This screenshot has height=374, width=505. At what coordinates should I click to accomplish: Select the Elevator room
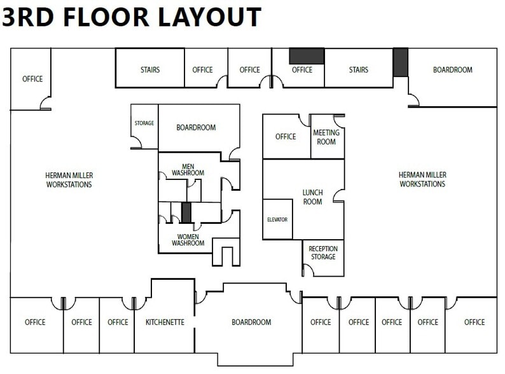coord(277,219)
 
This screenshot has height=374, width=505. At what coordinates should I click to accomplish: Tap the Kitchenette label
coord(165,322)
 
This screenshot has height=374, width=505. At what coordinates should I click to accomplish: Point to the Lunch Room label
coord(312,197)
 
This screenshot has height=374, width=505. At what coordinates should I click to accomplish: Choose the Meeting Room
coord(326,137)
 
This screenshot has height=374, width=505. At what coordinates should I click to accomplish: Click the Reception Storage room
coord(323,253)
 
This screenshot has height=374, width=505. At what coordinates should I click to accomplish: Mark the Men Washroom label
coord(188,169)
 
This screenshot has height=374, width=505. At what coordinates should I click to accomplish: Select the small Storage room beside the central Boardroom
coord(144,123)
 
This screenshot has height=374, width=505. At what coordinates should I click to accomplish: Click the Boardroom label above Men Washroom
coord(196,127)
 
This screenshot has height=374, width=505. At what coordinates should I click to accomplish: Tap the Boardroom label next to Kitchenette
coord(252,322)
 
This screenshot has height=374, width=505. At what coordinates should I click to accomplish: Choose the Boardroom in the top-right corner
coord(452,70)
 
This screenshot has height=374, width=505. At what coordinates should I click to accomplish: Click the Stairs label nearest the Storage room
coord(150,70)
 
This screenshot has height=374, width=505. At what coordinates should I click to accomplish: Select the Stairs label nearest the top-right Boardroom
coord(359,70)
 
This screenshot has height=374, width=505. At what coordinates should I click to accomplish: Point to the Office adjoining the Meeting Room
coord(286,137)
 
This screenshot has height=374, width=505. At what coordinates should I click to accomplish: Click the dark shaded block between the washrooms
coord(186,212)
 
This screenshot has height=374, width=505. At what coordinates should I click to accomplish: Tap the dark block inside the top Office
coord(307,56)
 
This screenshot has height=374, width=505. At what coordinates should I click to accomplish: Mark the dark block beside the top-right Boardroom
coord(400,62)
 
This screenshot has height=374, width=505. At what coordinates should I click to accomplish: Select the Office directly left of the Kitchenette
coord(118,322)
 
